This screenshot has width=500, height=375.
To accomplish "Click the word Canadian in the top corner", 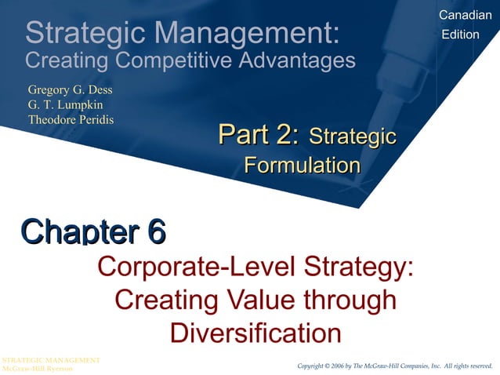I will coord(466,16).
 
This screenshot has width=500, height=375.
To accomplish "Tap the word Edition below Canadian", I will coord(461,35).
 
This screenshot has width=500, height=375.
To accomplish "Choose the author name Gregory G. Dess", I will coord(71,89).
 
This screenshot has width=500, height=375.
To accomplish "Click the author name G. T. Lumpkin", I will coord(65,104).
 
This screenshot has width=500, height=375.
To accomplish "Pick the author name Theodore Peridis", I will coord(71,119).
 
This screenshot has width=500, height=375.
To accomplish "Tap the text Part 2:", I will coord(259,137).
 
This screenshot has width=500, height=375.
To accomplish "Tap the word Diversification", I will coord(255,333).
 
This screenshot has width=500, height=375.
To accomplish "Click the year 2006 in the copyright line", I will coord(339,366).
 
